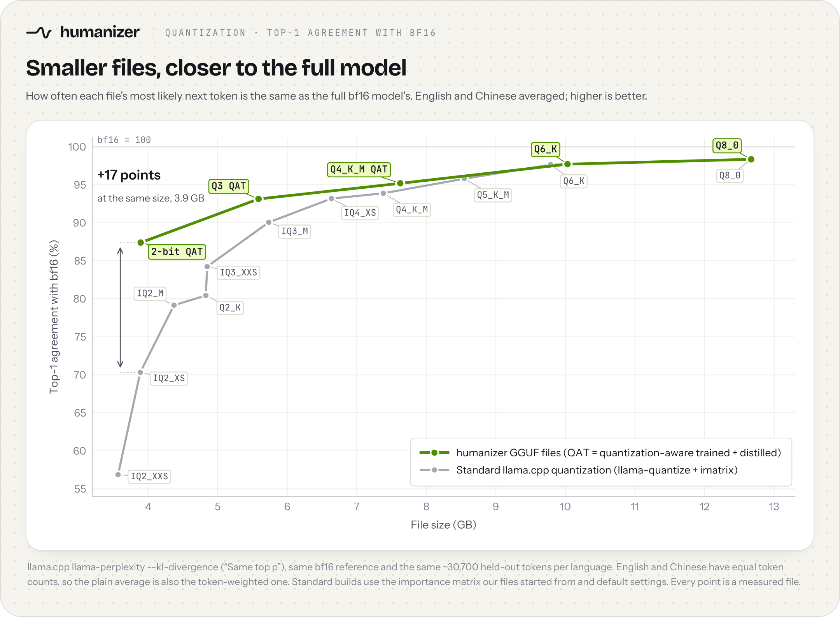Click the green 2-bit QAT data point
[x=141, y=242]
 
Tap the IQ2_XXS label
[x=149, y=476]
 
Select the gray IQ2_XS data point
[x=140, y=372]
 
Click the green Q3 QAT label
[x=229, y=186]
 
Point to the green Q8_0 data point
[x=751, y=159]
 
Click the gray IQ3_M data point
[x=269, y=223]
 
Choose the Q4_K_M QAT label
[x=359, y=170]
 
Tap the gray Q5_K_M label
[x=493, y=195]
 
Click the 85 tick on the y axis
[x=80, y=261]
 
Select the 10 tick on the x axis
[x=565, y=507]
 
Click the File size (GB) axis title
[x=444, y=525]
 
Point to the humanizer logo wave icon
[x=39, y=32]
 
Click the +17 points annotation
[x=129, y=175]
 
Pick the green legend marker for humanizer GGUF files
[x=434, y=452]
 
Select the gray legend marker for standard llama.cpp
[x=434, y=470]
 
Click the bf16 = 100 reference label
[x=124, y=140]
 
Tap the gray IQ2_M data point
[x=174, y=305]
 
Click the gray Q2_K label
[x=230, y=308]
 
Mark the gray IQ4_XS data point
[x=331, y=199]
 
